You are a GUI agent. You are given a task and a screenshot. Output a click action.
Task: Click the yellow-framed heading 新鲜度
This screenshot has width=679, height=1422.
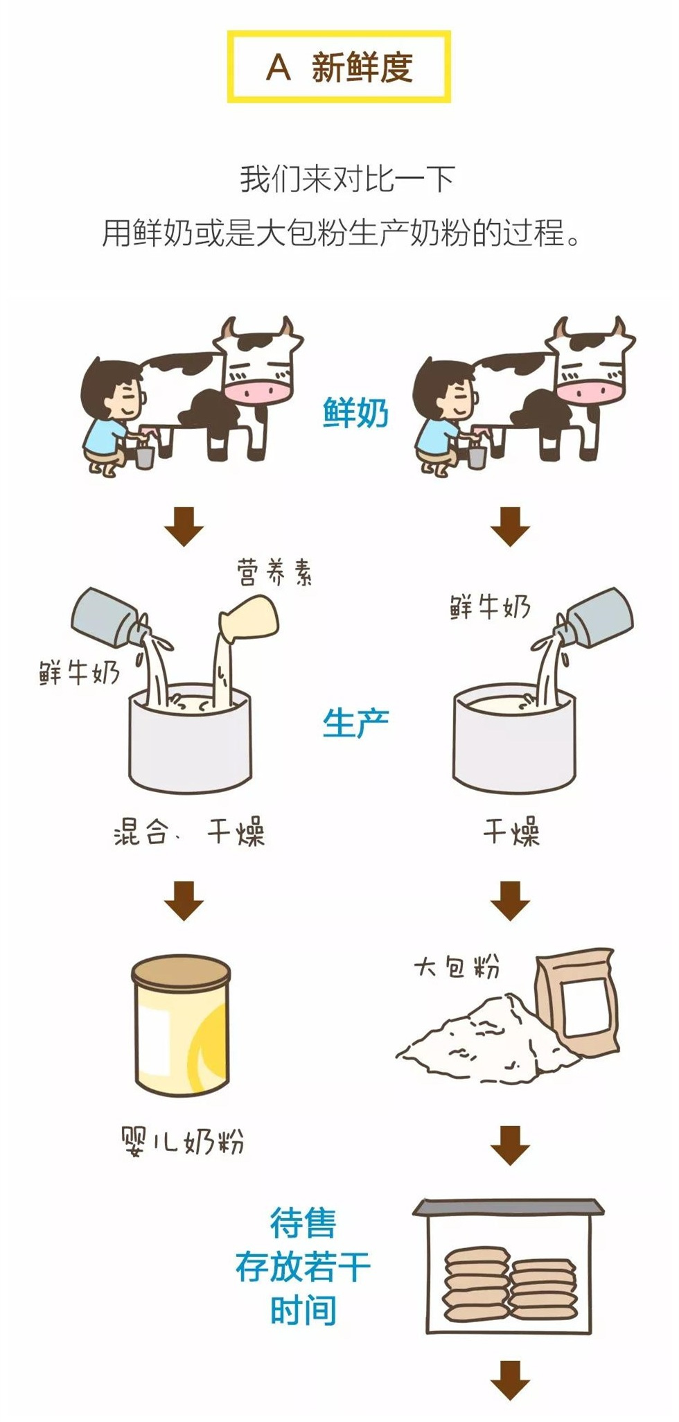[x=339, y=67]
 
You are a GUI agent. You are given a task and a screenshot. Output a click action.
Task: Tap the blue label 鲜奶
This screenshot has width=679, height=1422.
[x=355, y=414]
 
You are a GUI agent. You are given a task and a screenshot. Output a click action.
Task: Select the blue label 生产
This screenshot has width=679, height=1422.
[x=355, y=723]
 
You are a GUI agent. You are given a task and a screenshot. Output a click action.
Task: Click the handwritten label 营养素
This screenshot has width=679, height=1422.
[x=274, y=572]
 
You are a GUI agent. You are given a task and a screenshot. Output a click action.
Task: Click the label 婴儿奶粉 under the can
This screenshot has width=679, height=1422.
[x=182, y=1140]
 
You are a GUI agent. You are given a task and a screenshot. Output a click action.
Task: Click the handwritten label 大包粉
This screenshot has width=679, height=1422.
[x=457, y=966]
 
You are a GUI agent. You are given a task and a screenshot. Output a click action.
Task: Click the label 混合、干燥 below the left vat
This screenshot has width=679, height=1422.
[x=188, y=832]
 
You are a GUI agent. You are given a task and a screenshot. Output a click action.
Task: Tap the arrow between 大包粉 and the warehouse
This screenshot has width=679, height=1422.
[x=510, y=1145]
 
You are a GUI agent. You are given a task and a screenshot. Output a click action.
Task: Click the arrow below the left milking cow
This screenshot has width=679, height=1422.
[x=184, y=527]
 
